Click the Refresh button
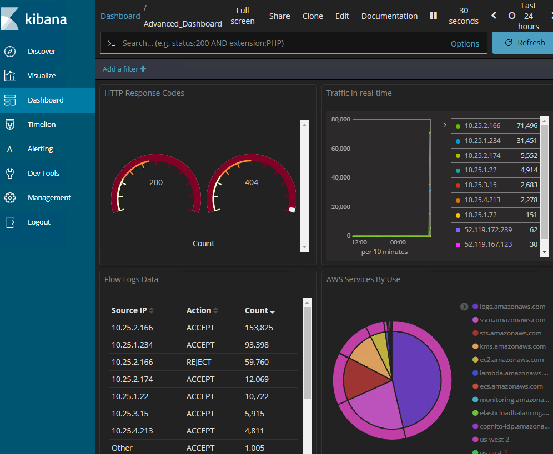click(525, 43)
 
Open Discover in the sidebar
click(42, 52)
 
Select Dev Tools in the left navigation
click(43, 174)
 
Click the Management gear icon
click(10, 197)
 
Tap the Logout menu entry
click(39, 222)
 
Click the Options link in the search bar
click(465, 44)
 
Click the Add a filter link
click(124, 69)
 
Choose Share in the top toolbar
click(279, 16)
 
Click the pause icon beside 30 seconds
click(434, 16)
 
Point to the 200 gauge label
click(156, 182)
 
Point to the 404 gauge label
click(252, 182)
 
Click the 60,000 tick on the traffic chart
click(341, 149)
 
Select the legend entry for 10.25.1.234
click(482, 141)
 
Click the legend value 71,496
click(527, 126)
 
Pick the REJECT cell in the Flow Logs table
click(199, 362)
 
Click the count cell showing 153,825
click(259, 328)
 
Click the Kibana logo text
click(46, 19)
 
